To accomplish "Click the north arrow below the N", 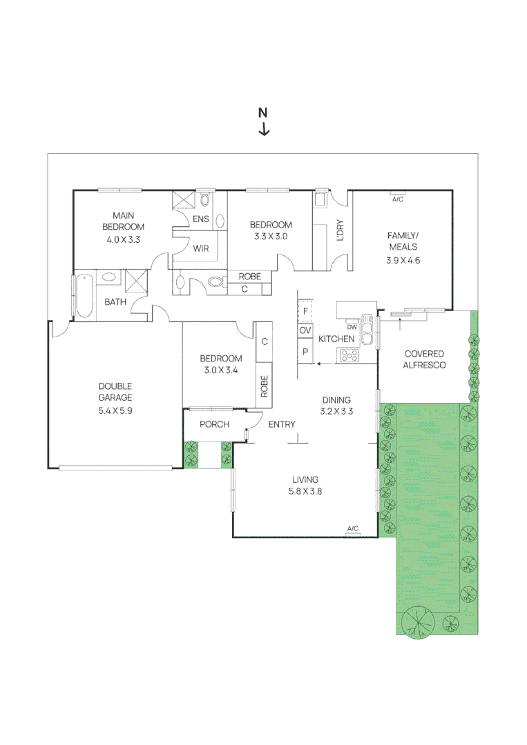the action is coord(264,129).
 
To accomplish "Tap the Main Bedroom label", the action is coord(123,221).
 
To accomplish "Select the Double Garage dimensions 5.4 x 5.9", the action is coord(115,410).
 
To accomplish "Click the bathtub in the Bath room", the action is coord(85,295).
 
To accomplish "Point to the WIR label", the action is coord(201,248).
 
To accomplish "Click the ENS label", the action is coord(201,219).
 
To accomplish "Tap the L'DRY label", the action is coord(340,230).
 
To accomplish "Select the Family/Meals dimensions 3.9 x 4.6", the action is coord(403,260).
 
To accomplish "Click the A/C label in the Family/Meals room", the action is coord(398,199).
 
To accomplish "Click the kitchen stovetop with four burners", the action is coord(349,355).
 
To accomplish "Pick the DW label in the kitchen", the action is coord(352,327).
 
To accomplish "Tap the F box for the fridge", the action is coord(305,311).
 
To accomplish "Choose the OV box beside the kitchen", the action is coord(305,330).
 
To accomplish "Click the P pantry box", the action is coord(305,352).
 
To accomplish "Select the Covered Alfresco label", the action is coord(424,359).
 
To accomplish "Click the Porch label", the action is coord(214,424).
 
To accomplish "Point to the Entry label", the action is coord(282,424).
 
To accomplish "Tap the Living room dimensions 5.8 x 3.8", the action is coord(305,491).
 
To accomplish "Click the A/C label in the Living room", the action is coord(352,528).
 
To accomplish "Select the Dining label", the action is coord(336,400).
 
